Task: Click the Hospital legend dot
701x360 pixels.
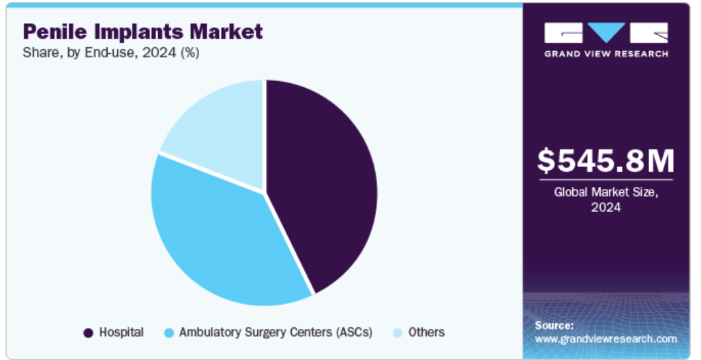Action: click(89, 333)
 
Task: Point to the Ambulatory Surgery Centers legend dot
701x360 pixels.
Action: click(169, 333)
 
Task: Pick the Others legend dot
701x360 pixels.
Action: click(398, 333)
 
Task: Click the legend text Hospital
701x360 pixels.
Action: click(121, 332)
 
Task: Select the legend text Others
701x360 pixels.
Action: click(426, 332)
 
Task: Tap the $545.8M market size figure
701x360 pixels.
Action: click(606, 161)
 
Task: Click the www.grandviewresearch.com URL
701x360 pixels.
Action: click(606, 339)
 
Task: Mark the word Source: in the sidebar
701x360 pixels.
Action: click(554, 325)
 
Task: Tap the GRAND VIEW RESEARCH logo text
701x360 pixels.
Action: click(606, 54)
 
